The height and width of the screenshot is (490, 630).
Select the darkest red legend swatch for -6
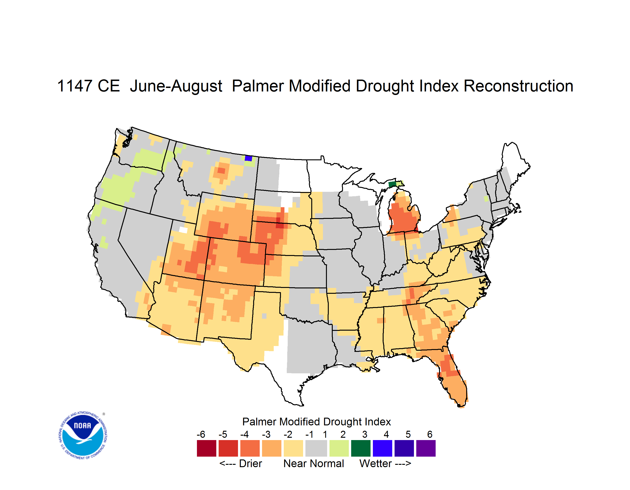pos(206,448)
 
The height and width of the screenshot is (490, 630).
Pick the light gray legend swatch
pos(316,448)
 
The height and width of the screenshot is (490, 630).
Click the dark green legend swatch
pos(360,448)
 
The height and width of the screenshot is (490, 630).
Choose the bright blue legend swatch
pos(382,448)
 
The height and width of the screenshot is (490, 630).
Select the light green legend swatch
pos(339,448)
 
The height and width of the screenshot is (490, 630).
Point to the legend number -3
pos(266,434)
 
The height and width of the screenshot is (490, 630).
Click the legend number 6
pos(430,434)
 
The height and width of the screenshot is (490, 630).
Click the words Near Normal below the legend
pos(314,463)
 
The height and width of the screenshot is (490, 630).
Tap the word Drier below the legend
pos(250,463)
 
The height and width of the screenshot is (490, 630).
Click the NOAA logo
pos(83,435)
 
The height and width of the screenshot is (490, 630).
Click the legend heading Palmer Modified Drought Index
pos(316,422)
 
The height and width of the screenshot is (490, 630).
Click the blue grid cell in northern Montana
pos(248,158)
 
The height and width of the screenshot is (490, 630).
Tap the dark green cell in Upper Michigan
pos(392,184)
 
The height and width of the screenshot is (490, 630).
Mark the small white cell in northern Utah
pos(183,230)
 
